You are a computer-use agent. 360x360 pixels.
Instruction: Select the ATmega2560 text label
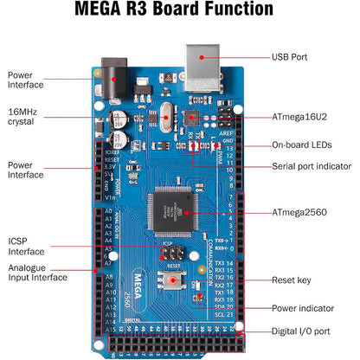[299, 211]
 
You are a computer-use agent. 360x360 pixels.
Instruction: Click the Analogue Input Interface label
[37, 273]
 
